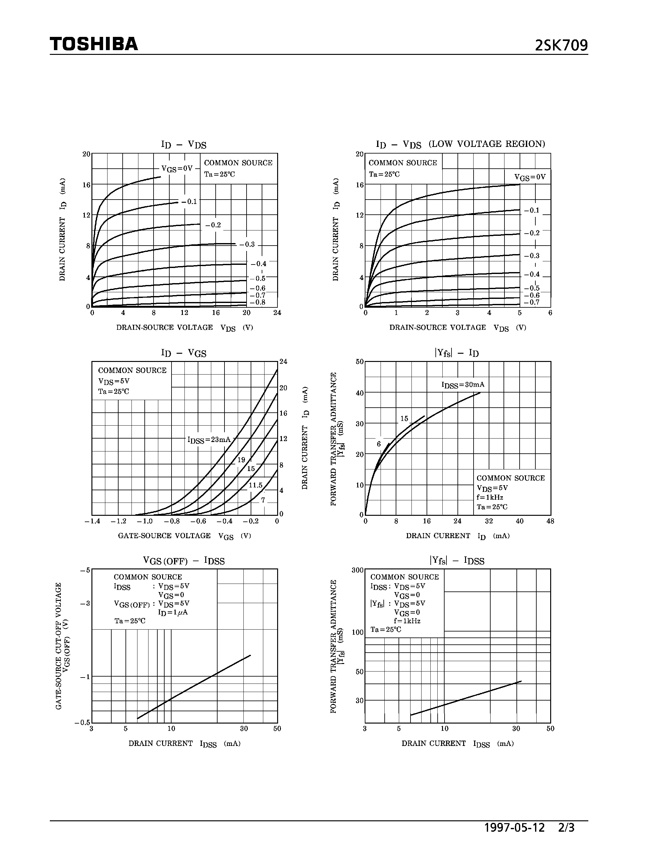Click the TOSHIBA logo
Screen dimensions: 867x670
[94, 44]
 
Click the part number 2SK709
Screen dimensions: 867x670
[561, 46]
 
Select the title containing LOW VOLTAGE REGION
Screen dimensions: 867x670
[460, 144]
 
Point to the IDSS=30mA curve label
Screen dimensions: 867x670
[463, 385]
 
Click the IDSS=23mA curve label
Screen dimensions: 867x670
[209, 440]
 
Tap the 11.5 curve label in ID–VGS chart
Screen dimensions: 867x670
[256, 485]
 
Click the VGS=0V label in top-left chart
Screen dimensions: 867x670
[177, 168]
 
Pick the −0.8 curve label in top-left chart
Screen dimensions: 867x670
[258, 302]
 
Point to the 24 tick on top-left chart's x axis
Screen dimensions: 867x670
[277, 313]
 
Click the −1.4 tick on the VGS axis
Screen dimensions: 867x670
[92, 521]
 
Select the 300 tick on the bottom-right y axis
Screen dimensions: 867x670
[358, 570]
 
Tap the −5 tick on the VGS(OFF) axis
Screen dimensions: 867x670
[85, 570]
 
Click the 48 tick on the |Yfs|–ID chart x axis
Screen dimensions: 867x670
[550, 521]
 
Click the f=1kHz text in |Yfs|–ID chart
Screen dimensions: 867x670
[490, 498]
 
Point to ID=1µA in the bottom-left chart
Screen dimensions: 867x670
[173, 612]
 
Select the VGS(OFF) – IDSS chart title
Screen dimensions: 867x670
[184, 561]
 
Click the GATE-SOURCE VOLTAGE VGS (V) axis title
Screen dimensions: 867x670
[184, 536]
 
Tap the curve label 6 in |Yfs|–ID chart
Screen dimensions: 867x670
[379, 444]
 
